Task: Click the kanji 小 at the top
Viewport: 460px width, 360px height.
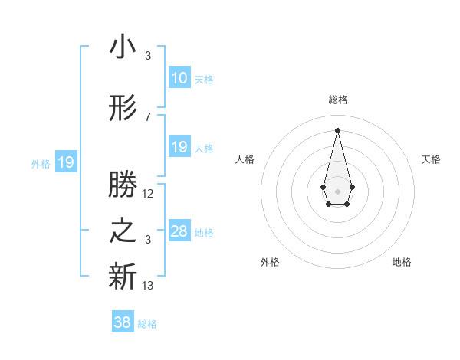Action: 123,47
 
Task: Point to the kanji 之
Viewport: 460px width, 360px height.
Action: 123,231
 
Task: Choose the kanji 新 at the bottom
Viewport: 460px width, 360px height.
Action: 123,278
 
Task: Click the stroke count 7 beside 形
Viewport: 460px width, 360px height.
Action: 148,117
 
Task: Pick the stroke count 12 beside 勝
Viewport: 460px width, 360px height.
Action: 148,194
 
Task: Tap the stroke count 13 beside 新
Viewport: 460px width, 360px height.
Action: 148,286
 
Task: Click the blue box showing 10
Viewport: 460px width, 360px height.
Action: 179,77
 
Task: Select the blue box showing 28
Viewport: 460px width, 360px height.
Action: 179,231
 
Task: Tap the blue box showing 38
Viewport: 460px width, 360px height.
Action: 123,322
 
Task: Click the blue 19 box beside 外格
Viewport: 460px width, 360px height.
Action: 65,162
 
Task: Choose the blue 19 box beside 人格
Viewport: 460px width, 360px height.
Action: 179,146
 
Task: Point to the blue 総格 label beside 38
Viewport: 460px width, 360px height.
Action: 147,324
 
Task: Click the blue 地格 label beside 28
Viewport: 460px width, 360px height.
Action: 204,232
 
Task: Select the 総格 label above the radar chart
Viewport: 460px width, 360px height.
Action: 337,100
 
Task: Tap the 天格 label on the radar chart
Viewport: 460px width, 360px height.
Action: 432,159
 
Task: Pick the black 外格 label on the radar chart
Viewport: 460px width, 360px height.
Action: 270,262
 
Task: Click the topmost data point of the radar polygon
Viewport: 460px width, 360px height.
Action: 337,129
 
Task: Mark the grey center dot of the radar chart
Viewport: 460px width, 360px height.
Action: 337,190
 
